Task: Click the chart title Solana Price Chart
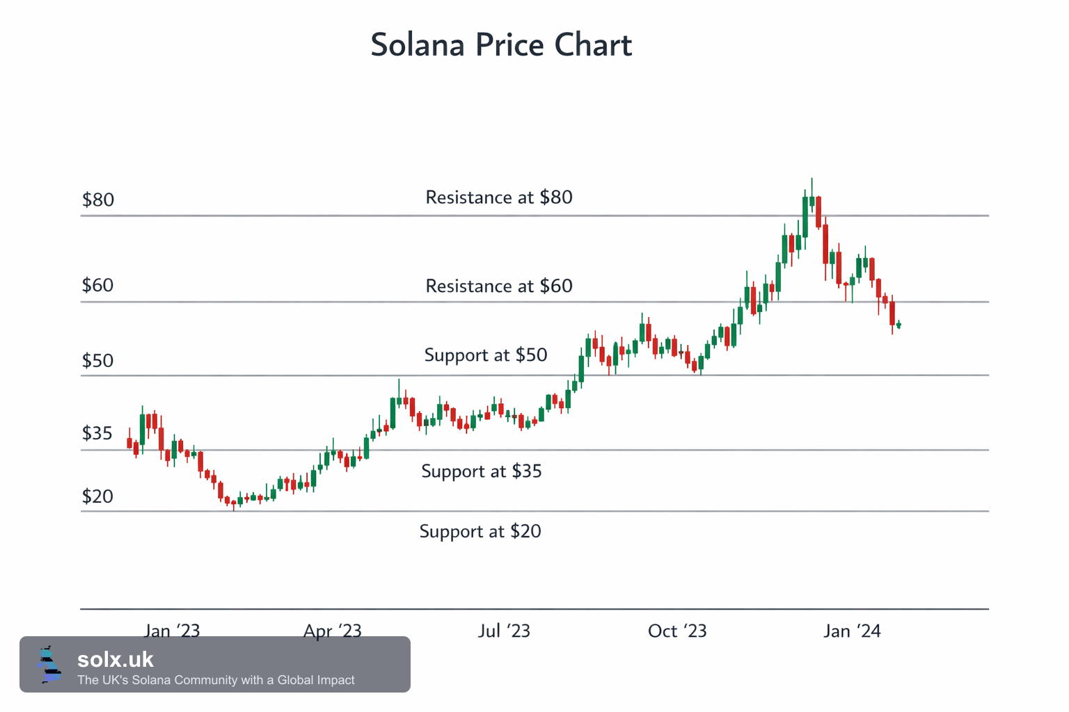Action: [x=501, y=44]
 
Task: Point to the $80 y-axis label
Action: [x=98, y=200]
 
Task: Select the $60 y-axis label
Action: [x=98, y=285]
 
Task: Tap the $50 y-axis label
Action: [x=98, y=361]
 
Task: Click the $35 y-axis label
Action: [x=97, y=433]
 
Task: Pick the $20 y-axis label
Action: [x=98, y=496]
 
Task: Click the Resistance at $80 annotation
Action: [x=499, y=197]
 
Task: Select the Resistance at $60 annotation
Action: [x=499, y=286]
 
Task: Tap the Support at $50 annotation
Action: [x=485, y=355]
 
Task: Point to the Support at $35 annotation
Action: [x=482, y=471]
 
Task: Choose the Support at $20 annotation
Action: [x=480, y=532]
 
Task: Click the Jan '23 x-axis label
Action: [x=172, y=631]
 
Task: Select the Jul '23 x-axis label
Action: [x=504, y=631]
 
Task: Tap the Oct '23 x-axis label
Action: [x=676, y=631]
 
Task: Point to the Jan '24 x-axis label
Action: [x=852, y=631]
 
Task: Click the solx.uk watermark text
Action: [x=115, y=660]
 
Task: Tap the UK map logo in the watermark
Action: [x=49, y=664]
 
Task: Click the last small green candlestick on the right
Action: [x=898, y=325]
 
